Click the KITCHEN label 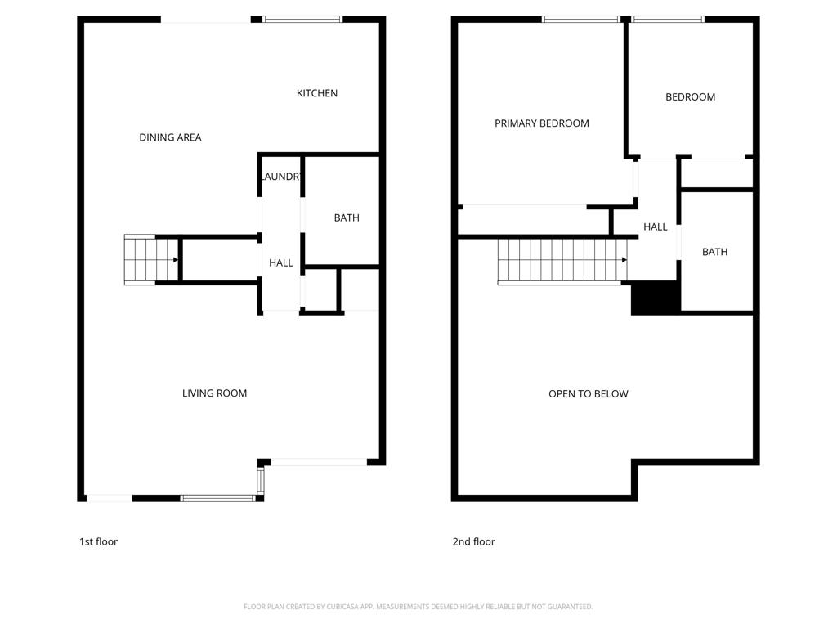coord(317,93)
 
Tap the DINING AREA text coord(170,137)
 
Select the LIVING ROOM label coord(215,393)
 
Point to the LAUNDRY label coord(281,177)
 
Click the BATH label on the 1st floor coord(347,218)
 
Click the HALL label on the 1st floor coord(281,262)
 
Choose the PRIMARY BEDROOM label coord(542,123)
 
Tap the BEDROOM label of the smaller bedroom coord(690,97)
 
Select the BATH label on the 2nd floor coord(714,252)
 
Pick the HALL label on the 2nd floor coord(656,227)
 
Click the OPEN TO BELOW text coord(589,394)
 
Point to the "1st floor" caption coord(98,541)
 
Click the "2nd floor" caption coord(473,541)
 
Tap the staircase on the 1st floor coord(151,260)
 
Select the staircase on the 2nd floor coord(562,261)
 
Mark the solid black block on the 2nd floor coord(655,298)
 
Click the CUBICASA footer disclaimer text coord(418,607)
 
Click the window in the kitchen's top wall coord(302,20)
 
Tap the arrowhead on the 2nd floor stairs coord(624,260)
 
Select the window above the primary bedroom coord(580,20)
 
